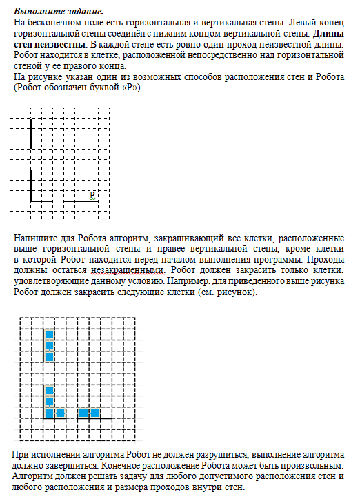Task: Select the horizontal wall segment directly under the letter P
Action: pos(89,201)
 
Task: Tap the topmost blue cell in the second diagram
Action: pos(49,335)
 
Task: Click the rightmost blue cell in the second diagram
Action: pos(94,413)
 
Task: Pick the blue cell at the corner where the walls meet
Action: pos(49,413)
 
